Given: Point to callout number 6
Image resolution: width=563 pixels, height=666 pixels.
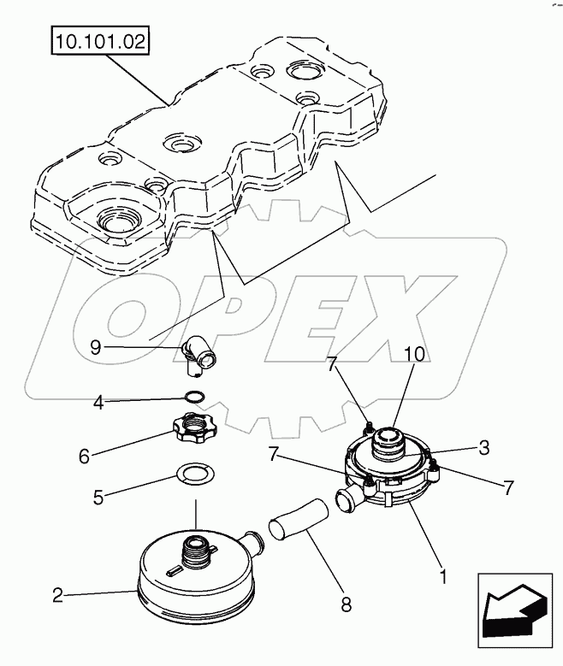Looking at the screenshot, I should point(85,457).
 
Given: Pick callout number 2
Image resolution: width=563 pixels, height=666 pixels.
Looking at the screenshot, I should point(57,596).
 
